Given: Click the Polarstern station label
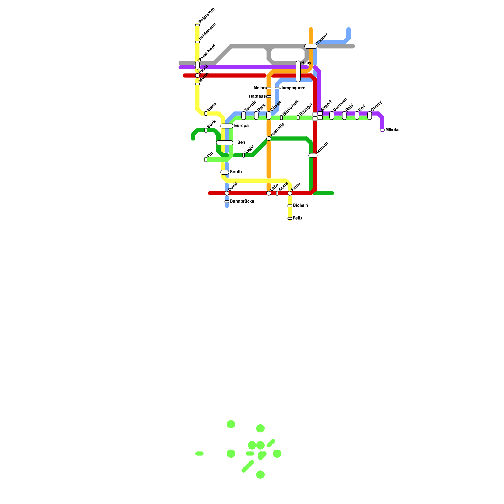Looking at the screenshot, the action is coord(207,15).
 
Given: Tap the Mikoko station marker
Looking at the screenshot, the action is coord(382,130).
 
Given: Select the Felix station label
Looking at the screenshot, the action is coord(298,218).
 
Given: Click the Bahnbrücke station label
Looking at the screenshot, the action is coord(242,201).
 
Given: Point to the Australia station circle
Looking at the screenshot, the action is coord(269,139).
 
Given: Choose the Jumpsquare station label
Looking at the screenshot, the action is coord(293,88).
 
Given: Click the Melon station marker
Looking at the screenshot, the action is coord(269,88).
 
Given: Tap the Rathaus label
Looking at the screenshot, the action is coord(257,96).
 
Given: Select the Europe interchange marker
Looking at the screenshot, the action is coord(227,126).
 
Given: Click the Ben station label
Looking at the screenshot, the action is coord(241,143).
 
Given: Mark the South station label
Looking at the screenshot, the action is coord(236,172).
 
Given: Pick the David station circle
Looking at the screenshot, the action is coord(227,193).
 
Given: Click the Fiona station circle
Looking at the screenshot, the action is coord(290,193).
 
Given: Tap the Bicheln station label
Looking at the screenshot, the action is coord(300,206).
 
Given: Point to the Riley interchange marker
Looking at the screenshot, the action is coord(298,72).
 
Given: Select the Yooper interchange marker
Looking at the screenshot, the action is coord(311,46).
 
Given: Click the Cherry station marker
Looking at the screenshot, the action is coord(369,116).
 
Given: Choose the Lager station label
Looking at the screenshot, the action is coord(249,149).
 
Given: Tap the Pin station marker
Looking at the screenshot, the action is coord(206,160).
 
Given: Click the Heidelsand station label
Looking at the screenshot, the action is coord(207,31).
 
